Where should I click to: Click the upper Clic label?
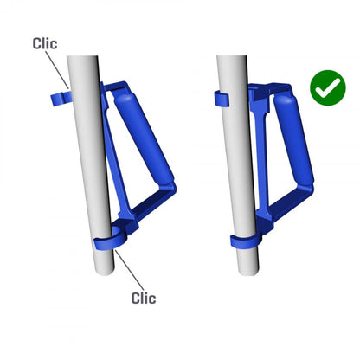[x=46, y=42]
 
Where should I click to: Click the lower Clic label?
[x=143, y=299]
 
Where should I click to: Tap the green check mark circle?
[x=326, y=88]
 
